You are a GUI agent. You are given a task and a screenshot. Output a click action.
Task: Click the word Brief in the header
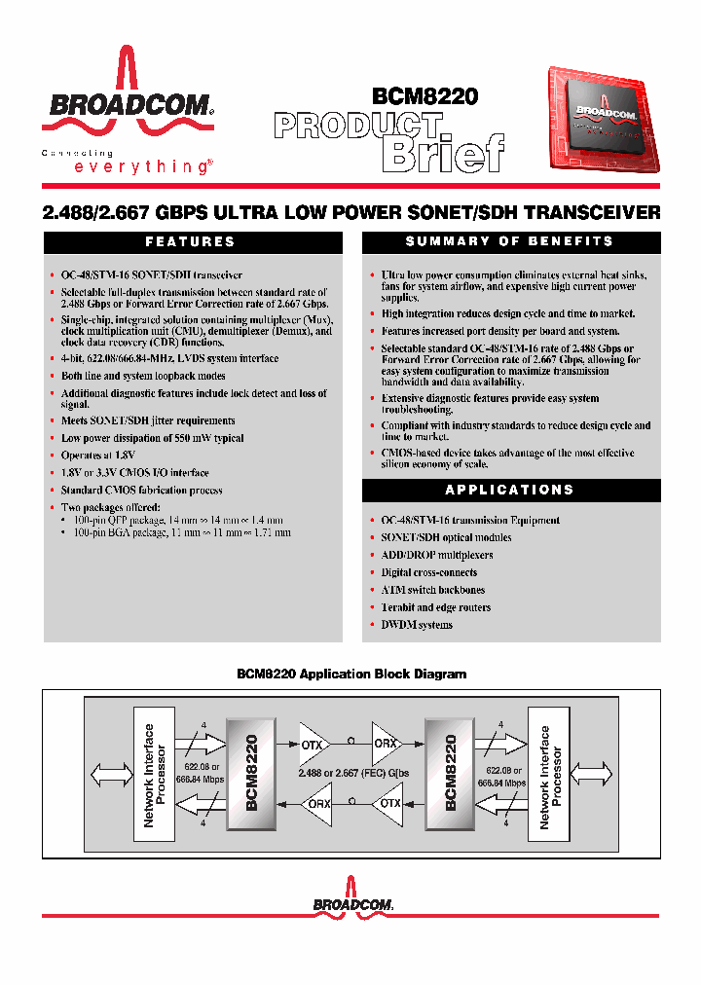pos(445,152)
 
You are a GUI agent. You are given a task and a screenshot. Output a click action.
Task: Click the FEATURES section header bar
pos(191,241)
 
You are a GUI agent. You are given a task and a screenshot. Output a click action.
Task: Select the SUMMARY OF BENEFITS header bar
pos(509,241)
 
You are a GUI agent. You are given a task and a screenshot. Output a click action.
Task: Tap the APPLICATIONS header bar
pos(509,490)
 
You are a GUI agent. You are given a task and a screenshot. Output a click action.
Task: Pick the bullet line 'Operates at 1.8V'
pos(97,456)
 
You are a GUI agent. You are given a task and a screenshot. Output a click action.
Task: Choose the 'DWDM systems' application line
pos(417,625)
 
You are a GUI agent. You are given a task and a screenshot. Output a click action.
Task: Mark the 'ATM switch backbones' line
pos(432,590)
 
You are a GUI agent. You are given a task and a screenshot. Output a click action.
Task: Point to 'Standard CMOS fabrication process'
pos(141,491)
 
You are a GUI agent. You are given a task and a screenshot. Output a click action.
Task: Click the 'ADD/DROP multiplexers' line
pos(436,555)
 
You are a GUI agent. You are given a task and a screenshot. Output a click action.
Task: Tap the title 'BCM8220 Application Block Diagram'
pos(351,674)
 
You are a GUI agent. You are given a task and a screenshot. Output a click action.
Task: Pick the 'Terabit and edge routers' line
pos(435,607)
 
